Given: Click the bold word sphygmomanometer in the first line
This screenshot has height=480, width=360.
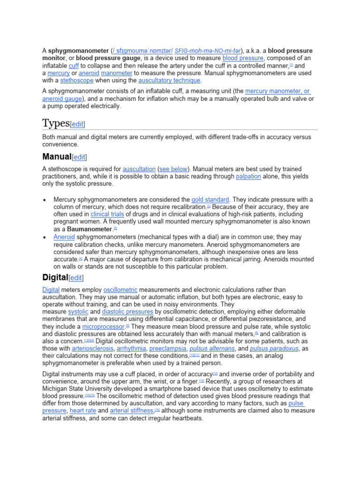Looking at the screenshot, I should pyautogui.click(x=78, y=51).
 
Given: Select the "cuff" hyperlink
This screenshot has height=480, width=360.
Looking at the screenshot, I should pyautogui.click(x=74, y=66).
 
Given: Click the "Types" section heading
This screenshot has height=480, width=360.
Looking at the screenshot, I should pyautogui.click(x=56, y=123).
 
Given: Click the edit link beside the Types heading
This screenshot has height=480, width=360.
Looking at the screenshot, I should pyautogui.click(x=78, y=124).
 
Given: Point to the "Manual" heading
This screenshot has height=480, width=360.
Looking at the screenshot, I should pyautogui.click(x=56, y=157).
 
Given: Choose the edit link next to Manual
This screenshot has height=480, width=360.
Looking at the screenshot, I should pyautogui.click(x=79, y=157).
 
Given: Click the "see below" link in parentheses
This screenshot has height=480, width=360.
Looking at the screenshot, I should pyautogui.click(x=174, y=169).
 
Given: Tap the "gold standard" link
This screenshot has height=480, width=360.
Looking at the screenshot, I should pyautogui.click(x=210, y=199).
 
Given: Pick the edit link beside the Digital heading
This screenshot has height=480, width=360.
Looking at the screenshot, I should pyautogui.click(x=76, y=278).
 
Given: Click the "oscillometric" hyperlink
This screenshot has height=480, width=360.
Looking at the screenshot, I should pyautogui.click(x=120, y=290).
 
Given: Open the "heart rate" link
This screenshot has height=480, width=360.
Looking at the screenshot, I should pyautogui.click(x=83, y=411).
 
